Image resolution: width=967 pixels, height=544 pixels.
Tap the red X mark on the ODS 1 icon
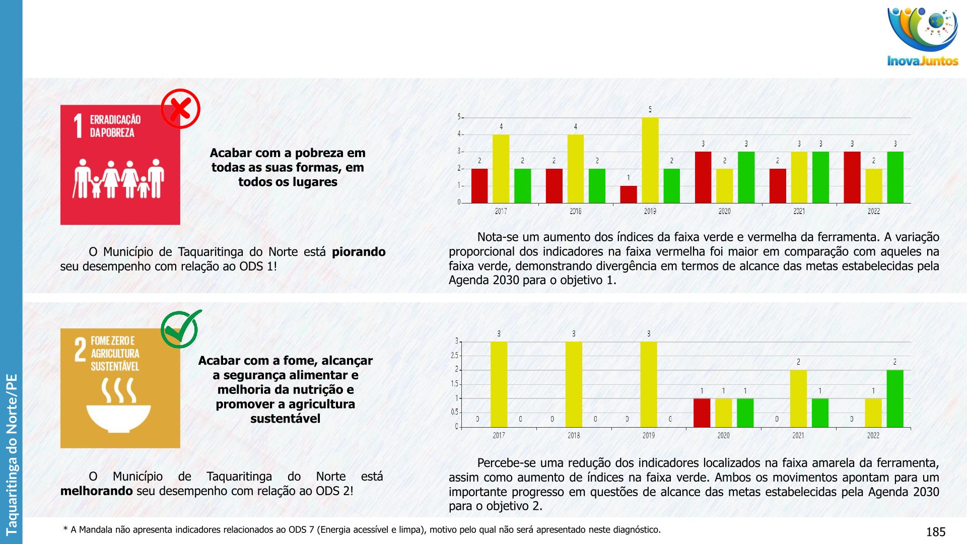[x=180, y=109]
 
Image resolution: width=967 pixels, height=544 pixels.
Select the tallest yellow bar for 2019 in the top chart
[x=650, y=160]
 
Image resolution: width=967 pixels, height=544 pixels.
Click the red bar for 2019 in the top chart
[x=628, y=194]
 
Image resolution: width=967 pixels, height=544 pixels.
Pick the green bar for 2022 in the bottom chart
[x=894, y=398]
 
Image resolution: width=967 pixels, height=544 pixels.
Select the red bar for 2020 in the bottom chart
[x=702, y=413]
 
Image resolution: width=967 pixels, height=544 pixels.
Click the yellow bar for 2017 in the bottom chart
[x=499, y=384]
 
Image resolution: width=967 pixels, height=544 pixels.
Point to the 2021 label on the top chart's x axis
[x=799, y=211]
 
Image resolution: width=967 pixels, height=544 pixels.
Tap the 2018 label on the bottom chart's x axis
[x=574, y=435]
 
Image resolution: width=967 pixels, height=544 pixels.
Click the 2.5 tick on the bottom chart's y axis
[x=454, y=356]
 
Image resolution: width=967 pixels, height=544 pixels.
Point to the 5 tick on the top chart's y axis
[x=459, y=117]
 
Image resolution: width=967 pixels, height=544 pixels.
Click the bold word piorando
[x=359, y=252]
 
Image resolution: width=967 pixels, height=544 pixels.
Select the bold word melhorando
[x=96, y=491]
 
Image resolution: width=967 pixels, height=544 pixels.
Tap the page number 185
[x=935, y=532]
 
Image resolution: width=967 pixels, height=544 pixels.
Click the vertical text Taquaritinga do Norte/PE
[x=11, y=453]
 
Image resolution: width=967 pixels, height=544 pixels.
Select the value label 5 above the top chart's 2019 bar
[x=650, y=109]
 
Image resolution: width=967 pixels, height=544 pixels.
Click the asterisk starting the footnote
[x=65, y=529]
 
